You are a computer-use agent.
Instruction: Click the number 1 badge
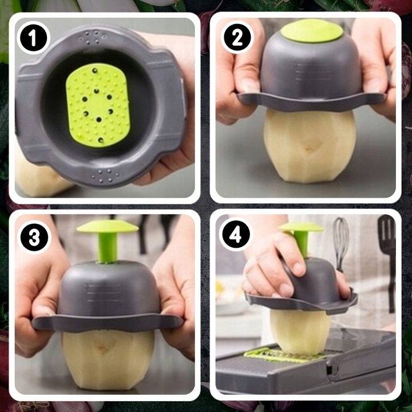click(x=33, y=38)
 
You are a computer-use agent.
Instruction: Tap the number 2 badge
click(x=237, y=38)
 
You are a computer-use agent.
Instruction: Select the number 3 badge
click(x=34, y=238)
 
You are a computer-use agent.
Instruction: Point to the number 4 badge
click(x=235, y=235)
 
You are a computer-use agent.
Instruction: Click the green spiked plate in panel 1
click(x=98, y=105)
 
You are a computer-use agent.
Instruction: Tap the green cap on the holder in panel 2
click(x=312, y=31)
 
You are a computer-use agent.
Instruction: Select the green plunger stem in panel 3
click(x=108, y=247)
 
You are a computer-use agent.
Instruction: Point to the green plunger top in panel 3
click(x=108, y=227)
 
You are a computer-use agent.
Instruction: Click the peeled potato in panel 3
click(x=108, y=359)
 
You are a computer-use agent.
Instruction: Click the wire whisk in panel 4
click(x=341, y=243)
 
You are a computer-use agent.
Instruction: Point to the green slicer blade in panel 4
click(x=284, y=355)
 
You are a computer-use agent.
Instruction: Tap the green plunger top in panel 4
click(x=302, y=227)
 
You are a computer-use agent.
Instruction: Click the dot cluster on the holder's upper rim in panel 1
click(x=93, y=37)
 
